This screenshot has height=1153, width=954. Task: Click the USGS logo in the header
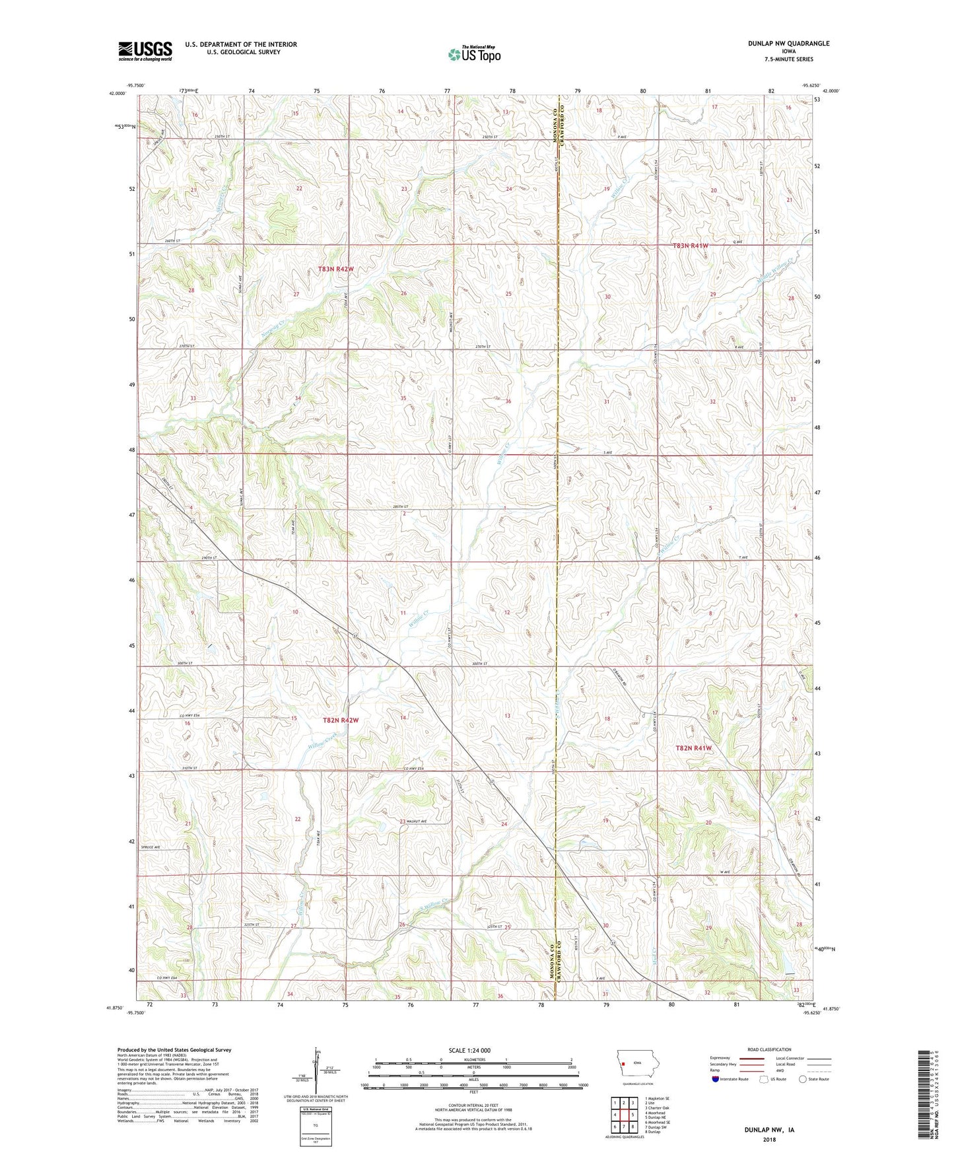145,51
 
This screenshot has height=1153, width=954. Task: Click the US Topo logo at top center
473,54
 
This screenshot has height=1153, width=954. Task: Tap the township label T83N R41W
690,246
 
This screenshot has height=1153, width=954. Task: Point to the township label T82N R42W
341,720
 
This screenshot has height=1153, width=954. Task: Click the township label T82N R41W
694,748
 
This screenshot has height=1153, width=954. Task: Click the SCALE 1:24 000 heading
469,1050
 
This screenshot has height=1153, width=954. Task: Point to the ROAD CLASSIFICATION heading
769,1049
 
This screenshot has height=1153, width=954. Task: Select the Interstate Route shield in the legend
715,1079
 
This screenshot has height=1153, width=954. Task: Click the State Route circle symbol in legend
803,1079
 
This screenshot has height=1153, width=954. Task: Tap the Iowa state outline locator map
636,1063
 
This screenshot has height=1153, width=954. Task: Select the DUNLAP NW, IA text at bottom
769,1130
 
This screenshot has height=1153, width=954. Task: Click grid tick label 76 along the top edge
382,90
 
